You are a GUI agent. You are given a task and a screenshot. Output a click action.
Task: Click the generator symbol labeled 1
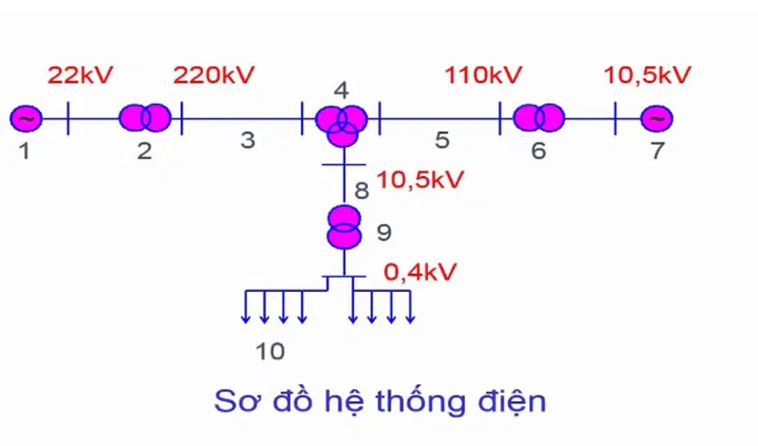tap(26, 118)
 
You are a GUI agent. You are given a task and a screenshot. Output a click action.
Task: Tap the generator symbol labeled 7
tap(656, 118)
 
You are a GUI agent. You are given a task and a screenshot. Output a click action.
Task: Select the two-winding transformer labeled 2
tap(145, 117)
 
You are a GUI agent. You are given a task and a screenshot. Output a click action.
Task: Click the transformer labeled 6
tap(538, 117)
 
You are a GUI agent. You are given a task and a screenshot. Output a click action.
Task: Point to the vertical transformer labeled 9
tap(345, 227)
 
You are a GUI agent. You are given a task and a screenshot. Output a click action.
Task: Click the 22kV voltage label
tap(80, 75)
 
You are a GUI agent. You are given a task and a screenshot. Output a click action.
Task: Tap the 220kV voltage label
tap(214, 75)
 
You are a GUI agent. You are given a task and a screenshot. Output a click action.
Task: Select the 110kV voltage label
tap(483, 75)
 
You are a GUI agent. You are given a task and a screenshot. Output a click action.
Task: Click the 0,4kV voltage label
tap(420, 273)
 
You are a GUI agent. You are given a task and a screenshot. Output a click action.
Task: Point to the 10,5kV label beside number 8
tap(420, 180)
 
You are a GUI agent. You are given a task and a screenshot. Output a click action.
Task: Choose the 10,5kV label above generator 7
tap(647, 75)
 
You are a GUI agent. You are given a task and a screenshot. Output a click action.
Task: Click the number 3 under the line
tap(248, 140)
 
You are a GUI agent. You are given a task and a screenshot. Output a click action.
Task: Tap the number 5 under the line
tap(443, 140)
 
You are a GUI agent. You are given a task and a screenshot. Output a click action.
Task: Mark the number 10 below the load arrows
tap(270, 351)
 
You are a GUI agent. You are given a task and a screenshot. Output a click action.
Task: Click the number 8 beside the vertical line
tap(362, 190)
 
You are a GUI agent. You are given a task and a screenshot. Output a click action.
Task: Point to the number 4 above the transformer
tap(341, 90)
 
